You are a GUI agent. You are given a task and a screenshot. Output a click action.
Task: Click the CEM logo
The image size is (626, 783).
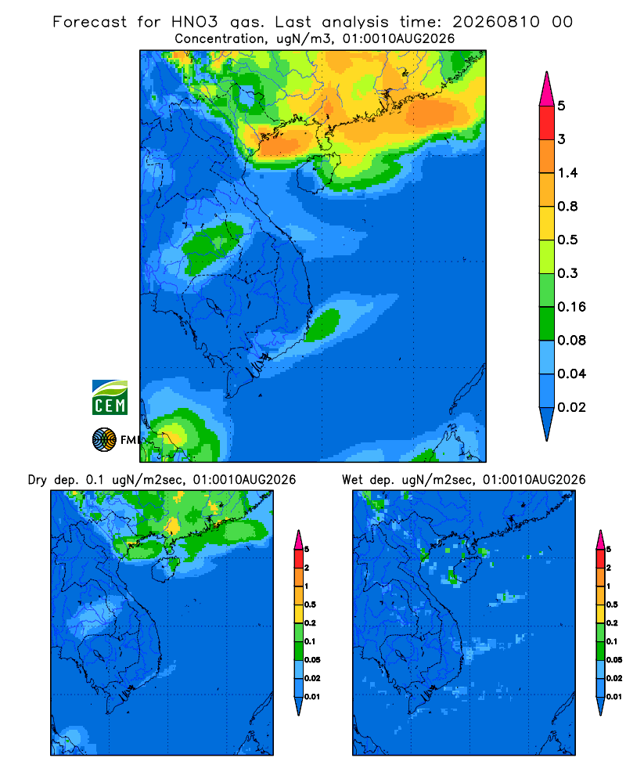pos(110,398)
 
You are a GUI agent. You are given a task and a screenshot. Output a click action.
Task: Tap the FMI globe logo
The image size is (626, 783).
pos(104,440)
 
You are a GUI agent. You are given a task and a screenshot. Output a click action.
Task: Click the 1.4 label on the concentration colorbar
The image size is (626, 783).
pos(567,173)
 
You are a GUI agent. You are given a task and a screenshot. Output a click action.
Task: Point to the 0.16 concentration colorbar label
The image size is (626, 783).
pos(571,307)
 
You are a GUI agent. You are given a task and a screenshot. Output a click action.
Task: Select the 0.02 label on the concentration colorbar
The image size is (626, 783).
pos(571,407)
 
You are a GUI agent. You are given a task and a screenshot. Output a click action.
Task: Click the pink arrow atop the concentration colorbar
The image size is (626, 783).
pos(547,88)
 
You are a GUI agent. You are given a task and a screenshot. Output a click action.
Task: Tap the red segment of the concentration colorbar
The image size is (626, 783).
pos(547,122)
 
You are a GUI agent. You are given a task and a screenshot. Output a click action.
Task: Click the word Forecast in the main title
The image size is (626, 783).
pos(90,22)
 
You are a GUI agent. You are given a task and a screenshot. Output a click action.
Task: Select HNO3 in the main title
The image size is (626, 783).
pos(195,22)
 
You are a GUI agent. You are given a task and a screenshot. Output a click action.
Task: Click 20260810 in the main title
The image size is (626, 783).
pos(496,22)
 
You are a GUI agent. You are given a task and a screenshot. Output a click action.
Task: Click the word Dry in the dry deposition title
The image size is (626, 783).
pos(38,480)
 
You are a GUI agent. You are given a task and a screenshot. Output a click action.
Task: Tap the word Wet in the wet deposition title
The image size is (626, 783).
pos(352,480)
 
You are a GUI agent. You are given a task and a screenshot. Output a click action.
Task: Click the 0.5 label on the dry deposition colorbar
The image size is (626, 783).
pos(310,604)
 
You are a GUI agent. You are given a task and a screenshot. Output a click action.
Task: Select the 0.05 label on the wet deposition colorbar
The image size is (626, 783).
pos(614,659)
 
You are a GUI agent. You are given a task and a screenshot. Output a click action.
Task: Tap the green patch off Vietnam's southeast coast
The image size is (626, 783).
pos(322,325)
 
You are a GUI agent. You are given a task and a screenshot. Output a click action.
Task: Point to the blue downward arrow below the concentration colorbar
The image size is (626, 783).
pos(547,424)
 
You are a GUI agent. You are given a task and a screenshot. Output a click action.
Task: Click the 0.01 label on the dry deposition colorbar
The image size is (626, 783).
pos(312,697)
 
